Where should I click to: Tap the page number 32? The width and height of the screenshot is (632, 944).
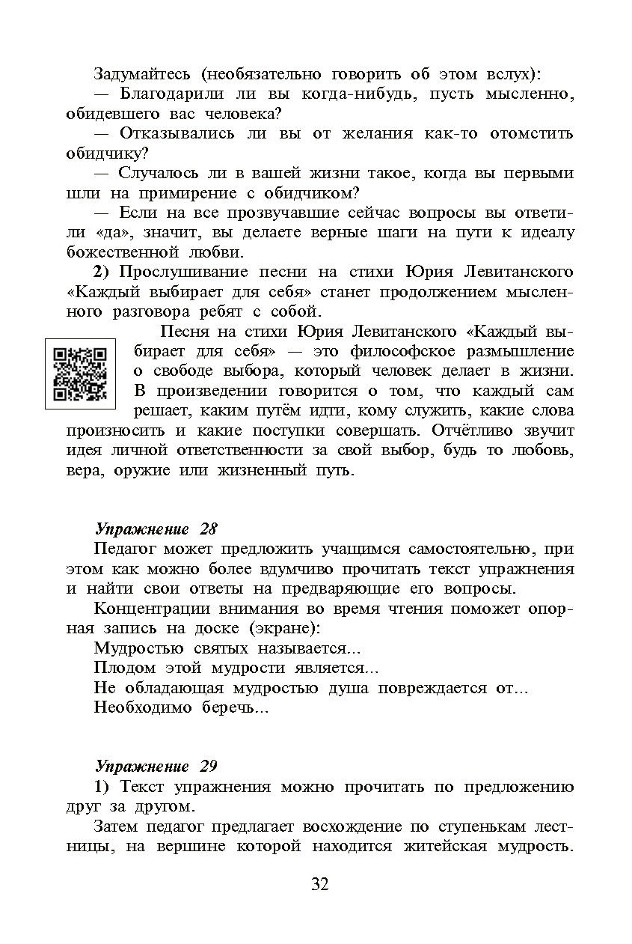click(x=319, y=884)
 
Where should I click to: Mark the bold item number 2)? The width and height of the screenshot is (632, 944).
click(x=103, y=271)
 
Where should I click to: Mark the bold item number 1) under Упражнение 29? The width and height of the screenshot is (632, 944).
click(x=103, y=787)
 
